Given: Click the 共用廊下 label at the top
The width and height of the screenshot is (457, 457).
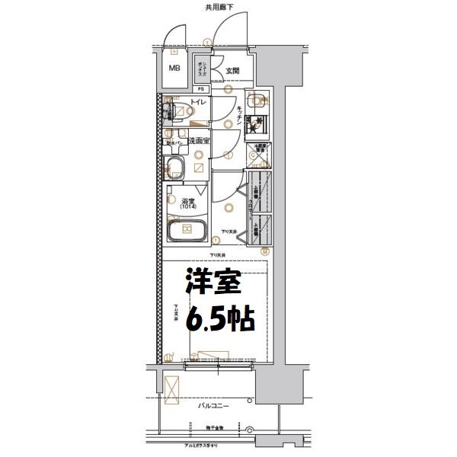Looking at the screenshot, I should point(219,7).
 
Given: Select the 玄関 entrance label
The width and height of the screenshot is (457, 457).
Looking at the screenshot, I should point(232,72).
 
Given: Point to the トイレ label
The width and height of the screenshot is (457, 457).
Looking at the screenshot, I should point(196,101).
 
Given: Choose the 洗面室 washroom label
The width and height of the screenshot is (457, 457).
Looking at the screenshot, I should point(200,141).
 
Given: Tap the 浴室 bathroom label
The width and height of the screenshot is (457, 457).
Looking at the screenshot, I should point(187,200).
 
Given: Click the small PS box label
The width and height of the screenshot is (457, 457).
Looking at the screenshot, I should point(203,88).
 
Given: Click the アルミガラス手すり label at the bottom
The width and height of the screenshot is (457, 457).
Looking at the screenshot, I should point(218,443).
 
